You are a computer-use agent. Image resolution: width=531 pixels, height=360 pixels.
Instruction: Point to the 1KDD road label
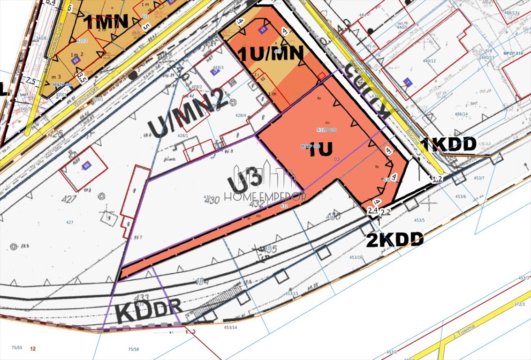click(x=448, y=144)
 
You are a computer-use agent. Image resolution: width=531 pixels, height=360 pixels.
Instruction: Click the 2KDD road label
click(x=394, y=240)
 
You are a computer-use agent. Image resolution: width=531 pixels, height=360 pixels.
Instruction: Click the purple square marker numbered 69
click(x=86, y=166)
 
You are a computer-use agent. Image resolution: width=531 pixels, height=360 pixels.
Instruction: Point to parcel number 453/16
click(x=356, y=257)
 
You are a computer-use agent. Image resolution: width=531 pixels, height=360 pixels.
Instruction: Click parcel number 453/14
click(x=230, y=327)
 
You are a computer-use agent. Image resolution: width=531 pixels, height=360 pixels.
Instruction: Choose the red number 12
click(x=32, y=348)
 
